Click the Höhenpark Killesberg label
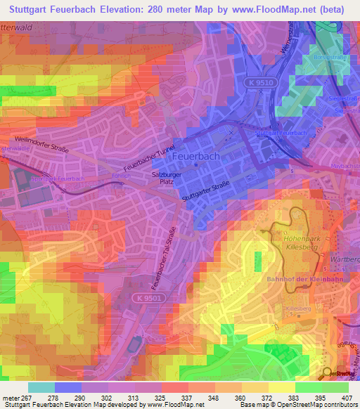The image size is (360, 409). coord(304,243)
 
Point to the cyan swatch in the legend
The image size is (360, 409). coord(41,387)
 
